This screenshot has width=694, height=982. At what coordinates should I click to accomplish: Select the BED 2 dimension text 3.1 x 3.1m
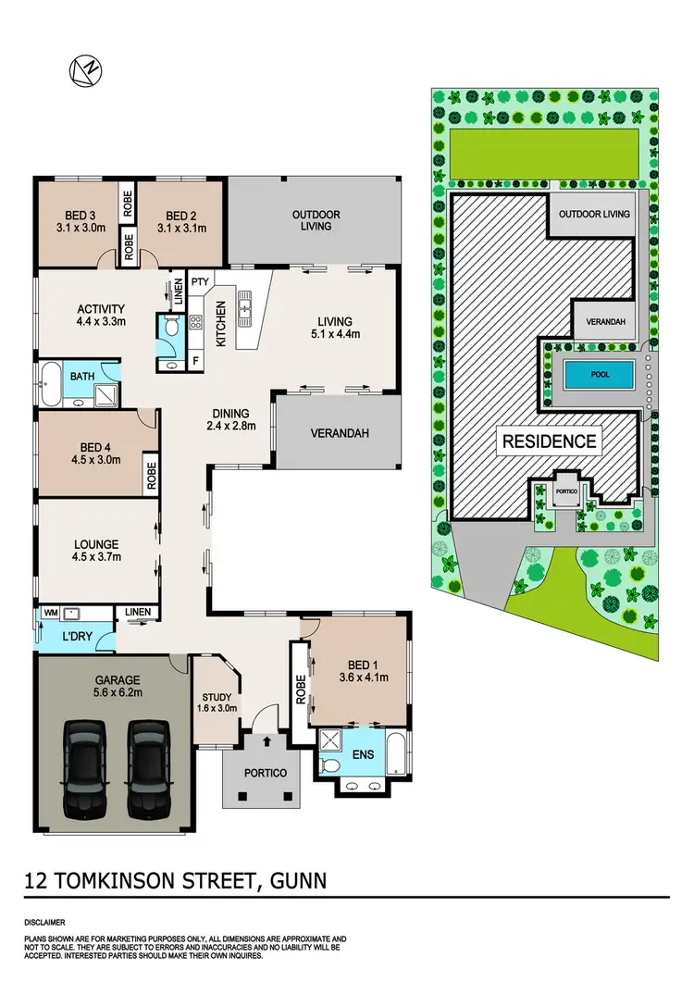(180, 228)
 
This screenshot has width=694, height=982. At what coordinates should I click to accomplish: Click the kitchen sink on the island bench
(246, 304)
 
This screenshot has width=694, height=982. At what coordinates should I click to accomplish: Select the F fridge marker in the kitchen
(196, 360)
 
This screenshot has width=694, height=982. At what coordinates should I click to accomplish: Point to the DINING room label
(230, 415)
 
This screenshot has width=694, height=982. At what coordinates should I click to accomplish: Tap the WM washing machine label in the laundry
(50, 613)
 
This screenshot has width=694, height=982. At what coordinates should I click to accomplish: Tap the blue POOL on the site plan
(599, 376)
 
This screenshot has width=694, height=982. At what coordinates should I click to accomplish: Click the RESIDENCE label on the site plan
(549, 441)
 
